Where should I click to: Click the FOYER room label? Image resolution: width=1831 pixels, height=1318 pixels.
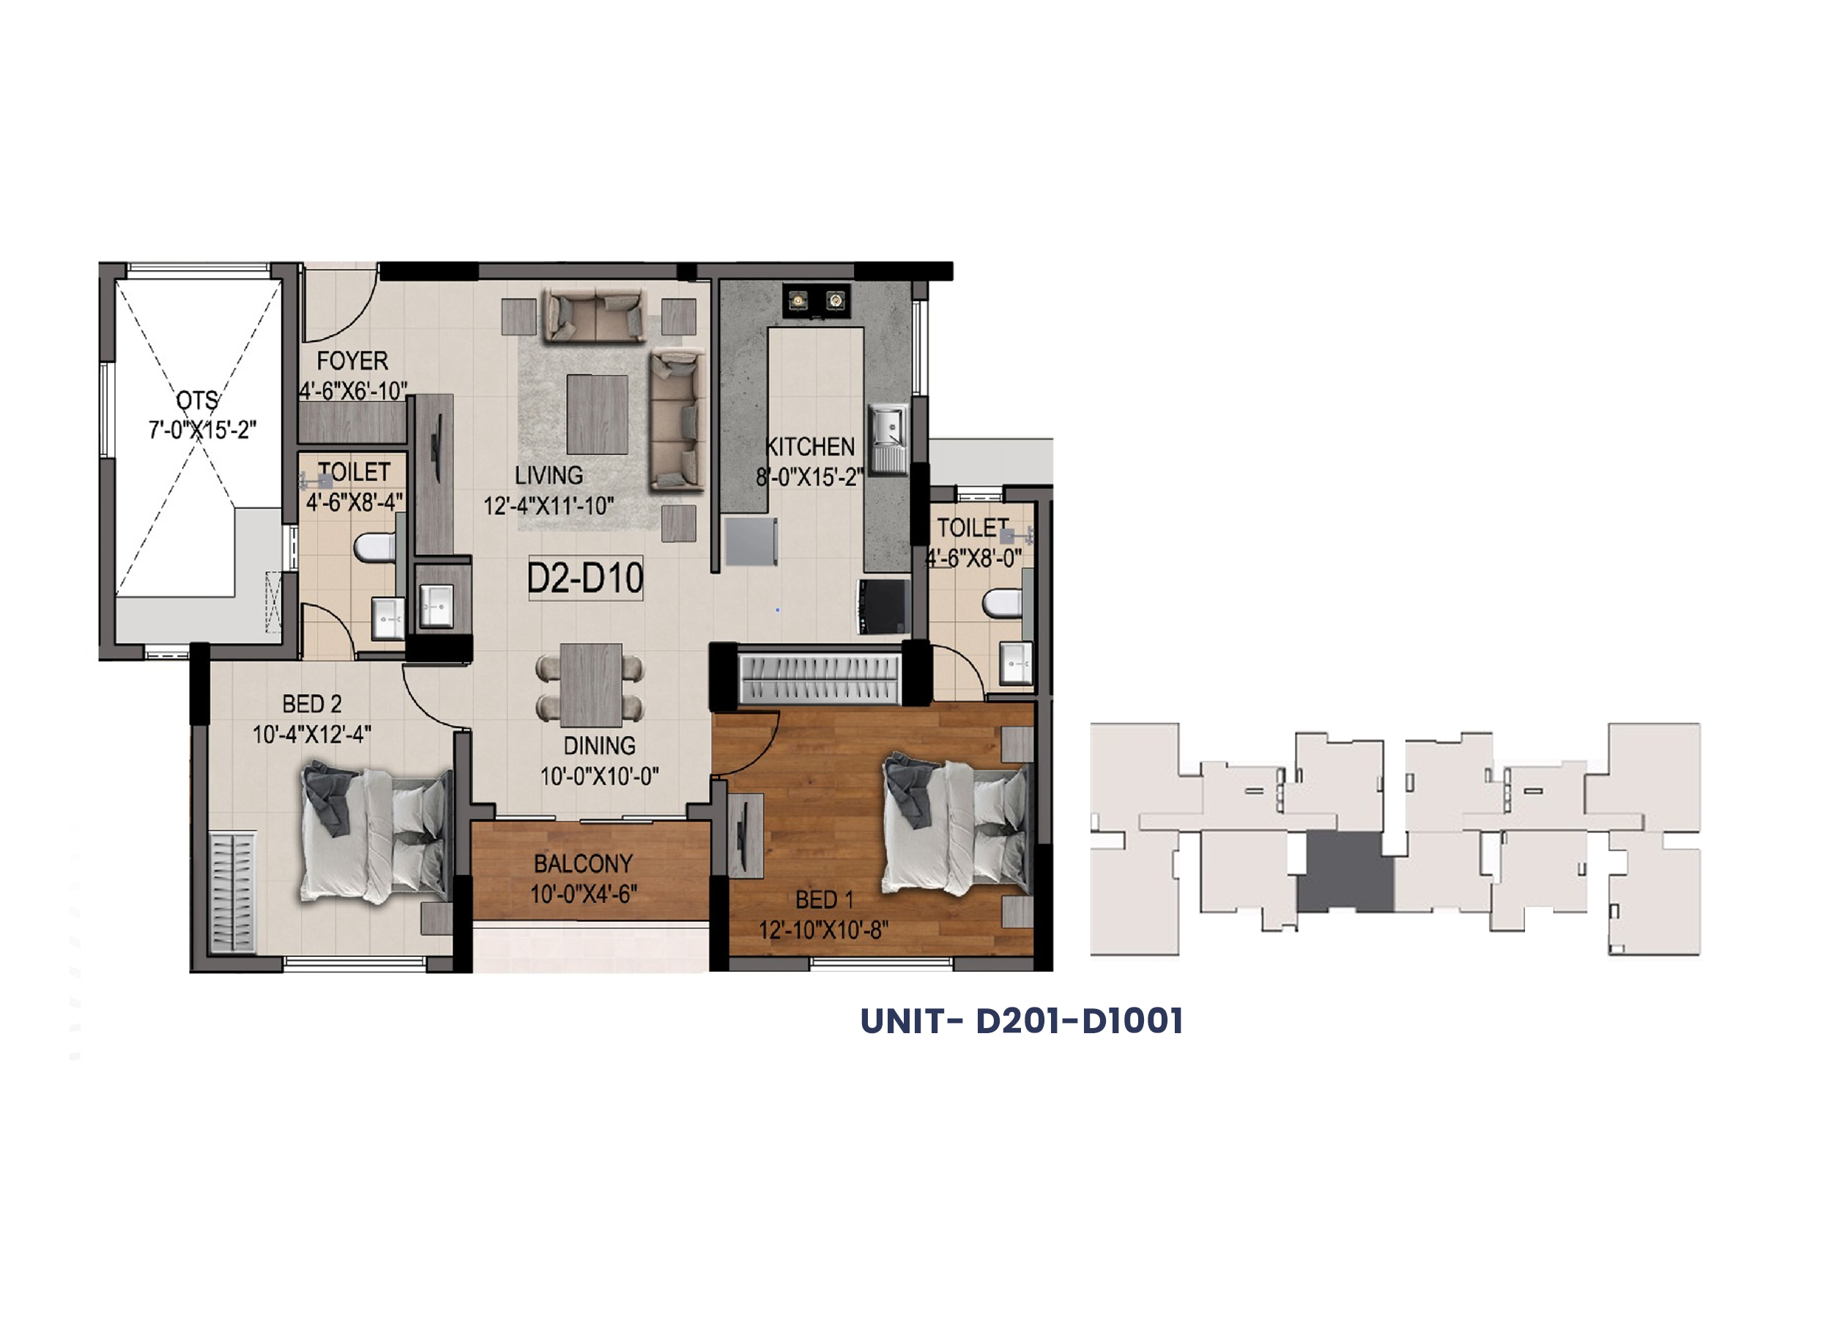click(x=352, y=361)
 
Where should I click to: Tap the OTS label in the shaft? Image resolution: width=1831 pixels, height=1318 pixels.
click(x=198, y=401)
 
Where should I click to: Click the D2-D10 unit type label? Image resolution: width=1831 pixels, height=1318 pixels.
click(x=585, y=578)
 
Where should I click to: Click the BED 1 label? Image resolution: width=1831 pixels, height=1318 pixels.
click(x=824, y=899)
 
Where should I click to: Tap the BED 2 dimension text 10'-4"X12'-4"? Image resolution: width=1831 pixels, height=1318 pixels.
click(x=311, y=734)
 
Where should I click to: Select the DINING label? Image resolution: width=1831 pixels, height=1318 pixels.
click(x=599, y=745)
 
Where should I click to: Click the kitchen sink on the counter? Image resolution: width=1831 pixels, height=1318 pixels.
click(x=889, y=439)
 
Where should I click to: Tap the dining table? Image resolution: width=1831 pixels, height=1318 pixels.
click(x=591, y=685)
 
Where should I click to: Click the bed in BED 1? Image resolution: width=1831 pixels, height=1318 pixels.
click(x=957, y=823)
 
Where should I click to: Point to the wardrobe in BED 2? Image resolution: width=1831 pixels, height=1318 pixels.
click(x=232, y=893)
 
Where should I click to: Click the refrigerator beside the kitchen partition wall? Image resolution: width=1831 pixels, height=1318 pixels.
click(x=751, y=542)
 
